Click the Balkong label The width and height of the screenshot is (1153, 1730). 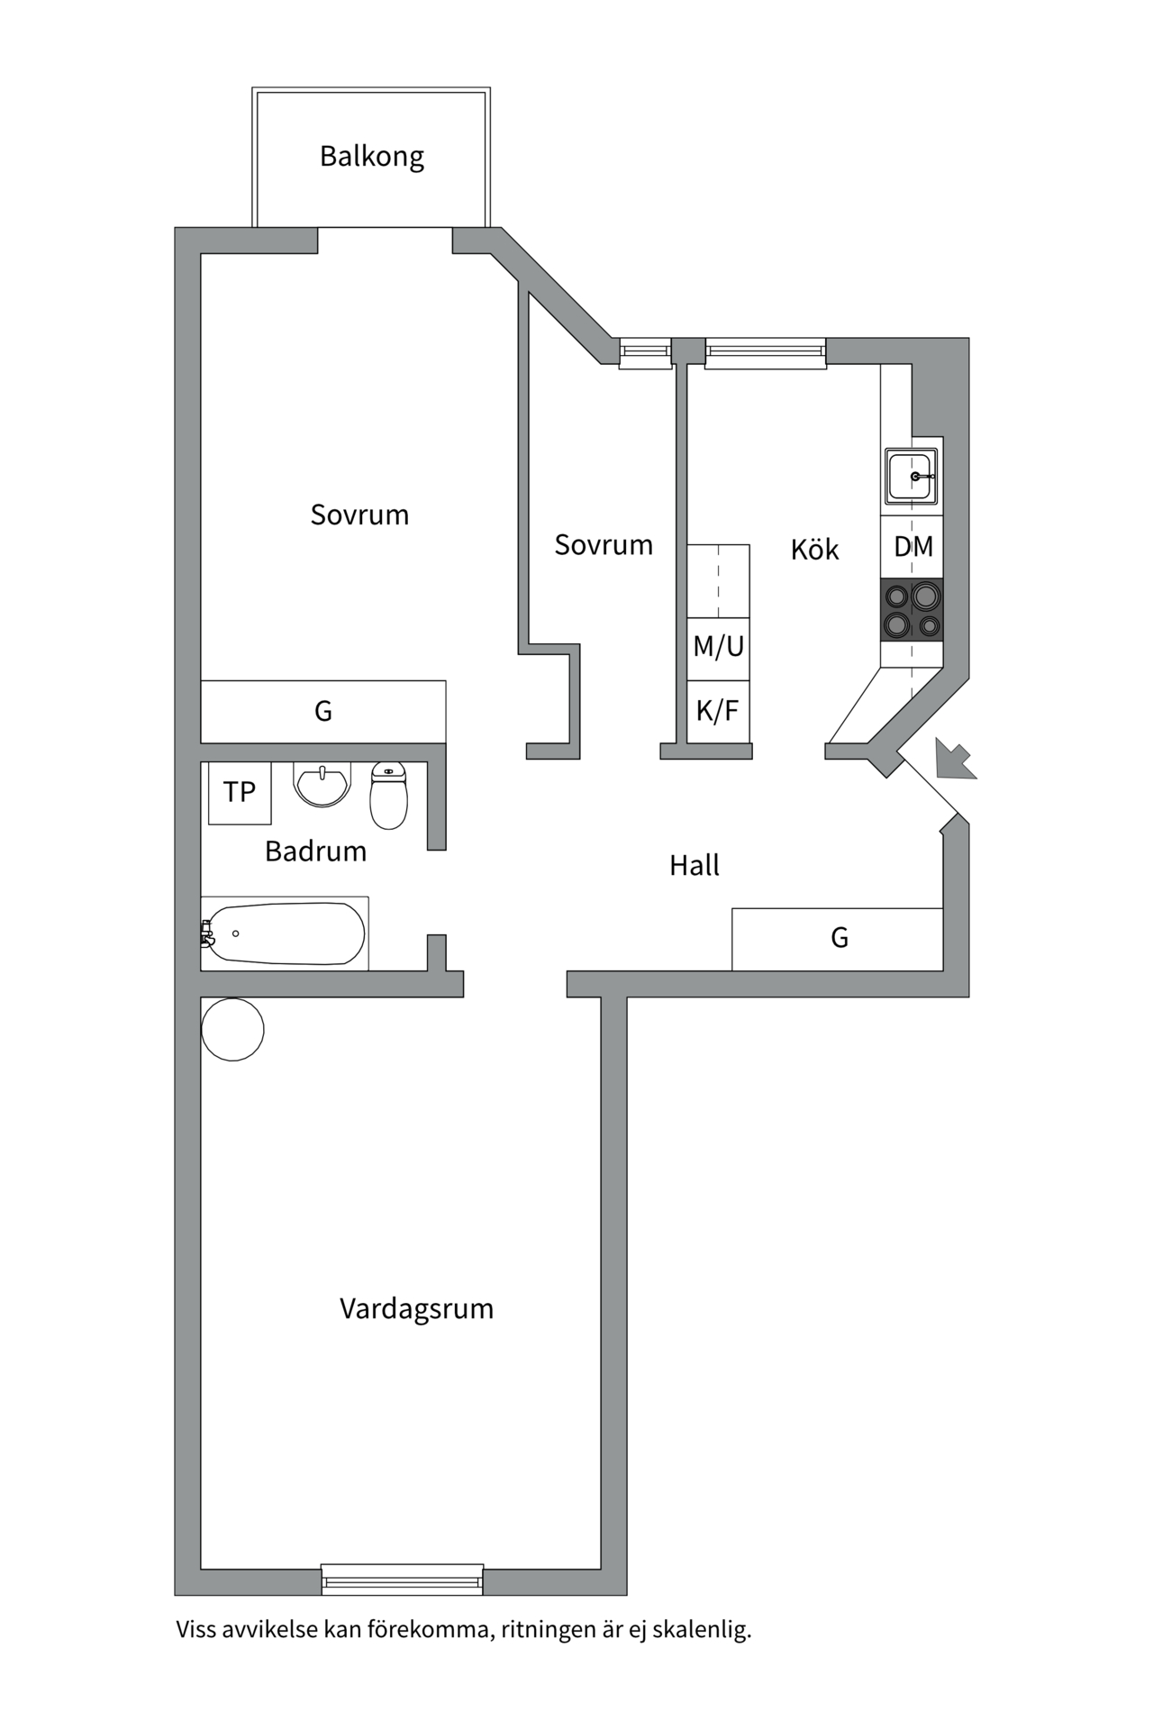pos(371,157)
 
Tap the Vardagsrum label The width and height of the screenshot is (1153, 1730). pos(416,1308)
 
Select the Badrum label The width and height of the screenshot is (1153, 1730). pos(315,851)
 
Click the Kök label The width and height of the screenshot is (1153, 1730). pos(814,550)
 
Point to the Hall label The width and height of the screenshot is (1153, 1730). pos(694,866)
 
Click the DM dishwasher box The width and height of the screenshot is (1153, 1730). pos(912,547)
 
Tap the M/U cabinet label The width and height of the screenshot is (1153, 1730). pos(718,647)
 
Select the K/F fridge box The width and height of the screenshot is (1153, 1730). pos(718,712)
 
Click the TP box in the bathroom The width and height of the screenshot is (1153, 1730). pos(240,792)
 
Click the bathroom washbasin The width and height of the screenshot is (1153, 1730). pos(322,783)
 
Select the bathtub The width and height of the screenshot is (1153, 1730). pos(284,933)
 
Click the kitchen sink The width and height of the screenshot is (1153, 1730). pos(912,476)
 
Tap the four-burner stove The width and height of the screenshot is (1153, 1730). pos(912,610)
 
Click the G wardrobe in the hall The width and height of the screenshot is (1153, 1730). pos(838,939)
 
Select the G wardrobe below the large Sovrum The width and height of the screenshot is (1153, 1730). pos(322,712)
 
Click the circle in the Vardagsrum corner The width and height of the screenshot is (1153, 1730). pos(232,1029)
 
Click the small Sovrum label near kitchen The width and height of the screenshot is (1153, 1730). pos(603,545)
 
